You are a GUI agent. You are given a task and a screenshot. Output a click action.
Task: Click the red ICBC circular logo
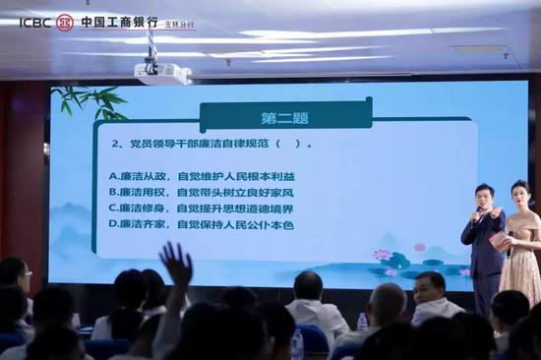click(x=65, y=22)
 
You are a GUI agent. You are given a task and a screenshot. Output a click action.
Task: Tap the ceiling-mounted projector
click(x=161, y=72)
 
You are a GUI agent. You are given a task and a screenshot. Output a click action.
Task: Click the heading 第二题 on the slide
click(x=284, y=118)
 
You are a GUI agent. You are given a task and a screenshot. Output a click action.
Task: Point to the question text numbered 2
click(x=211, y=144)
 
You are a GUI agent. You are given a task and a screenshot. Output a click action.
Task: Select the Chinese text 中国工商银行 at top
click(x=118, y=22)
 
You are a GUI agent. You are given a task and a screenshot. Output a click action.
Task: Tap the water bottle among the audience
click(x=297, y=343)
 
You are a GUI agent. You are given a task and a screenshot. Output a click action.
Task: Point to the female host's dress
click(x=521, y=261)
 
